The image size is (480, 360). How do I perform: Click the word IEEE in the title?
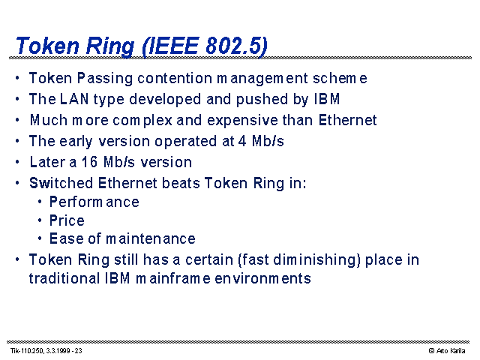tap(173, 46)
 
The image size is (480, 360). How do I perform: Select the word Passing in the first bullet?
tap(105, 79)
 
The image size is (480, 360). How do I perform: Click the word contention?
tap(175, 78)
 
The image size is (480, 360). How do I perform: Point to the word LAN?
tap(74, 99)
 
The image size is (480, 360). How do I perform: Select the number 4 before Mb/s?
tap(242, 141)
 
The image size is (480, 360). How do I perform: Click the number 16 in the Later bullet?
tap(89, 162)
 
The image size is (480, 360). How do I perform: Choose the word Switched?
tap(61, 183)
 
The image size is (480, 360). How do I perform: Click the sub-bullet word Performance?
tap(94, 202)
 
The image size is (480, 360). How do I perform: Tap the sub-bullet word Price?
tap(67, 220)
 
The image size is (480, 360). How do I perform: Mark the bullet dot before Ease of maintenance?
tap(40, 238)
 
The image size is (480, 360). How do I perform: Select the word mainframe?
tap(173, 278)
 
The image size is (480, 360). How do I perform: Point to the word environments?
tap(262, 279)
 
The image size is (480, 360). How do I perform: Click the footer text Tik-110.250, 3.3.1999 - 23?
tap(46, 351)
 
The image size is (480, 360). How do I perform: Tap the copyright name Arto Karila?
tap(451, 351)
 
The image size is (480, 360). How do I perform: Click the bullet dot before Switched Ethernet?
tap(17, 183)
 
